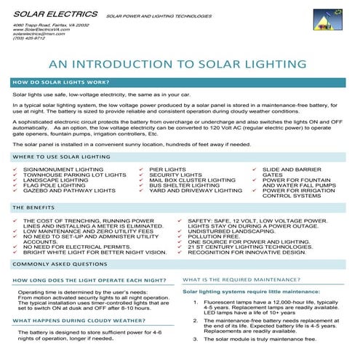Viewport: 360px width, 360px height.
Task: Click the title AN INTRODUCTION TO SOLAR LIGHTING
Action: pos(180,65)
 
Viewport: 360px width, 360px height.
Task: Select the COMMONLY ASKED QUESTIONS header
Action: pos(60,264)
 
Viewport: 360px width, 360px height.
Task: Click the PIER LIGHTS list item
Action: pos(167,169)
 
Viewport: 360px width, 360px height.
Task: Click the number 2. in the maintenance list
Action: pos(195,319)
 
